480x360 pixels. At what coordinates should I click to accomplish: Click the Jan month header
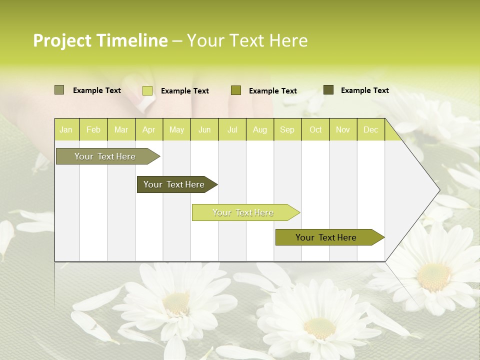click(66, 130)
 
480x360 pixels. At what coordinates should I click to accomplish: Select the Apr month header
click(149, 130)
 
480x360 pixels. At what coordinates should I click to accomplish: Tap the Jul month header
click(232, 130)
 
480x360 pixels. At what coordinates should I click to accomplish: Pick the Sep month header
click(287, 130)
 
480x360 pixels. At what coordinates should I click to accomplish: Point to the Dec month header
click(370, 130)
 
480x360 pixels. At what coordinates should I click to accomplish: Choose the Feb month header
click(93, 130)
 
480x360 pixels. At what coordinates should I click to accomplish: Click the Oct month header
click(315, 130)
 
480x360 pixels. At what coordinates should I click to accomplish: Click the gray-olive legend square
click(59, 90)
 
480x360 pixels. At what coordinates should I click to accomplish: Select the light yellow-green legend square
click(147, 90)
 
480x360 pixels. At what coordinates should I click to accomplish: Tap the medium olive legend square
click(236, 90)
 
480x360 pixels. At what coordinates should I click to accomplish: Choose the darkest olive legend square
click(328, 90)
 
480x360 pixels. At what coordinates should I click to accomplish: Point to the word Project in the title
click(62, 40)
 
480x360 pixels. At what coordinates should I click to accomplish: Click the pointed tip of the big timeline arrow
click(439, 190)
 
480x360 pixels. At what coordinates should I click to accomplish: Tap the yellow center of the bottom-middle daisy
click(320, 327)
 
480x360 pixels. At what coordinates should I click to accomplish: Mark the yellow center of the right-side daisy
click(434, 276)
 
